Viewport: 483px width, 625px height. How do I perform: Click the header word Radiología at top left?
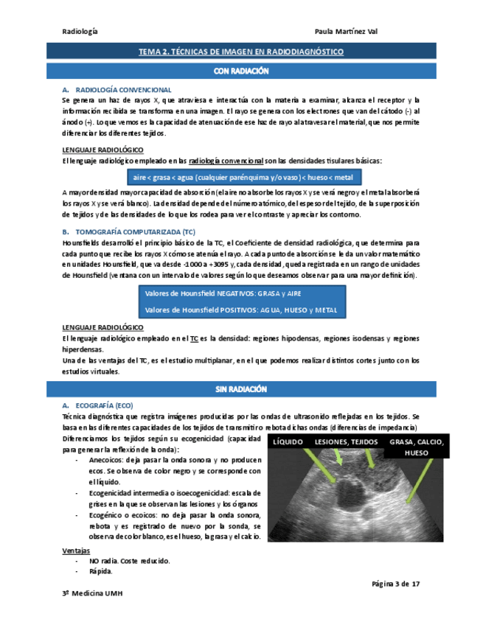80,32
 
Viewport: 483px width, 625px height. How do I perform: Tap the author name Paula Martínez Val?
346,32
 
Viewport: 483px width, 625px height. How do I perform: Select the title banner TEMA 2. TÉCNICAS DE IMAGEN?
241,52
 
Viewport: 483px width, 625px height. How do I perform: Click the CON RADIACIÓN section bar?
241,71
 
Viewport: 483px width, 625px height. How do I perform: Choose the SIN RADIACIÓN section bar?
241,388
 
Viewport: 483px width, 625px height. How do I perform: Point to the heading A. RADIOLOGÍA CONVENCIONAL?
118,88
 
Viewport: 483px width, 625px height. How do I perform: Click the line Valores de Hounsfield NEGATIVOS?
218,293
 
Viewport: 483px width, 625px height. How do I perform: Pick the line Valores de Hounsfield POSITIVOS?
241,310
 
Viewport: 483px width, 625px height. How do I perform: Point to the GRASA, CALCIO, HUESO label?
416,447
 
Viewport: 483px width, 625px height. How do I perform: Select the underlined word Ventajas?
76,551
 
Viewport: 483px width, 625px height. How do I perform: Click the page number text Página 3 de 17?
396,584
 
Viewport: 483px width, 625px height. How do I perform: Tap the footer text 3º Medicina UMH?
92,594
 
